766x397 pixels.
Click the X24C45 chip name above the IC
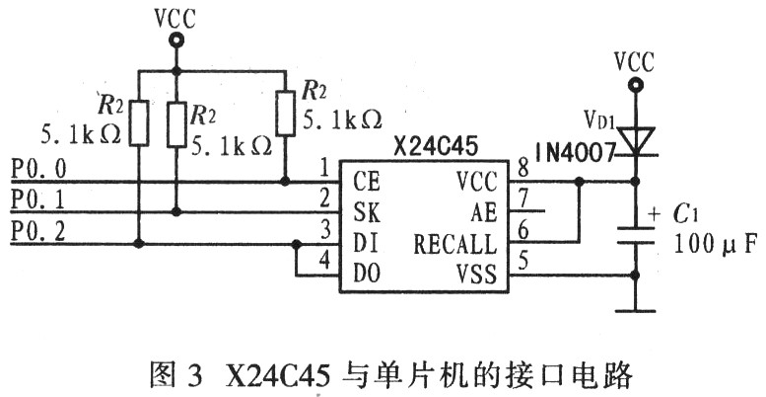click(436, 146)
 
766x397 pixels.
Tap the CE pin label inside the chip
click(367, 182)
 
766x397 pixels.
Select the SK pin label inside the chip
click(367, 212)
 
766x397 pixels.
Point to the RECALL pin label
click(454, 244)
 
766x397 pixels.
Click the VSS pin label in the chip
click(477, 275)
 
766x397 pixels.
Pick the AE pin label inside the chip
click(484, 212)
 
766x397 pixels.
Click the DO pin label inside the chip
click(367, 275)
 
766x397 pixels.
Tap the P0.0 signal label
click(38, 170)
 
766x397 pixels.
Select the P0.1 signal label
click(38, 200)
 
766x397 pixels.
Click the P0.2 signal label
click(38, 231)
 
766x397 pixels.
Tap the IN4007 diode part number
click(575, 153)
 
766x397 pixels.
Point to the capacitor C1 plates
click(635, 235)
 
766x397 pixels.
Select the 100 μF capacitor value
click(716, 243)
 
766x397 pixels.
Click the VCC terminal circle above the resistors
click(175, 40)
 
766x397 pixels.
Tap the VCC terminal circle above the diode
click(635, 86)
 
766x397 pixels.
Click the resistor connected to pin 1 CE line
click(285, 114)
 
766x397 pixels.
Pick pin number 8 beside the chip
click(522, 170)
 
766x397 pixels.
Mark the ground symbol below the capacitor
click(635, 310)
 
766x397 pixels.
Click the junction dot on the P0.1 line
click(176, 212)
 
